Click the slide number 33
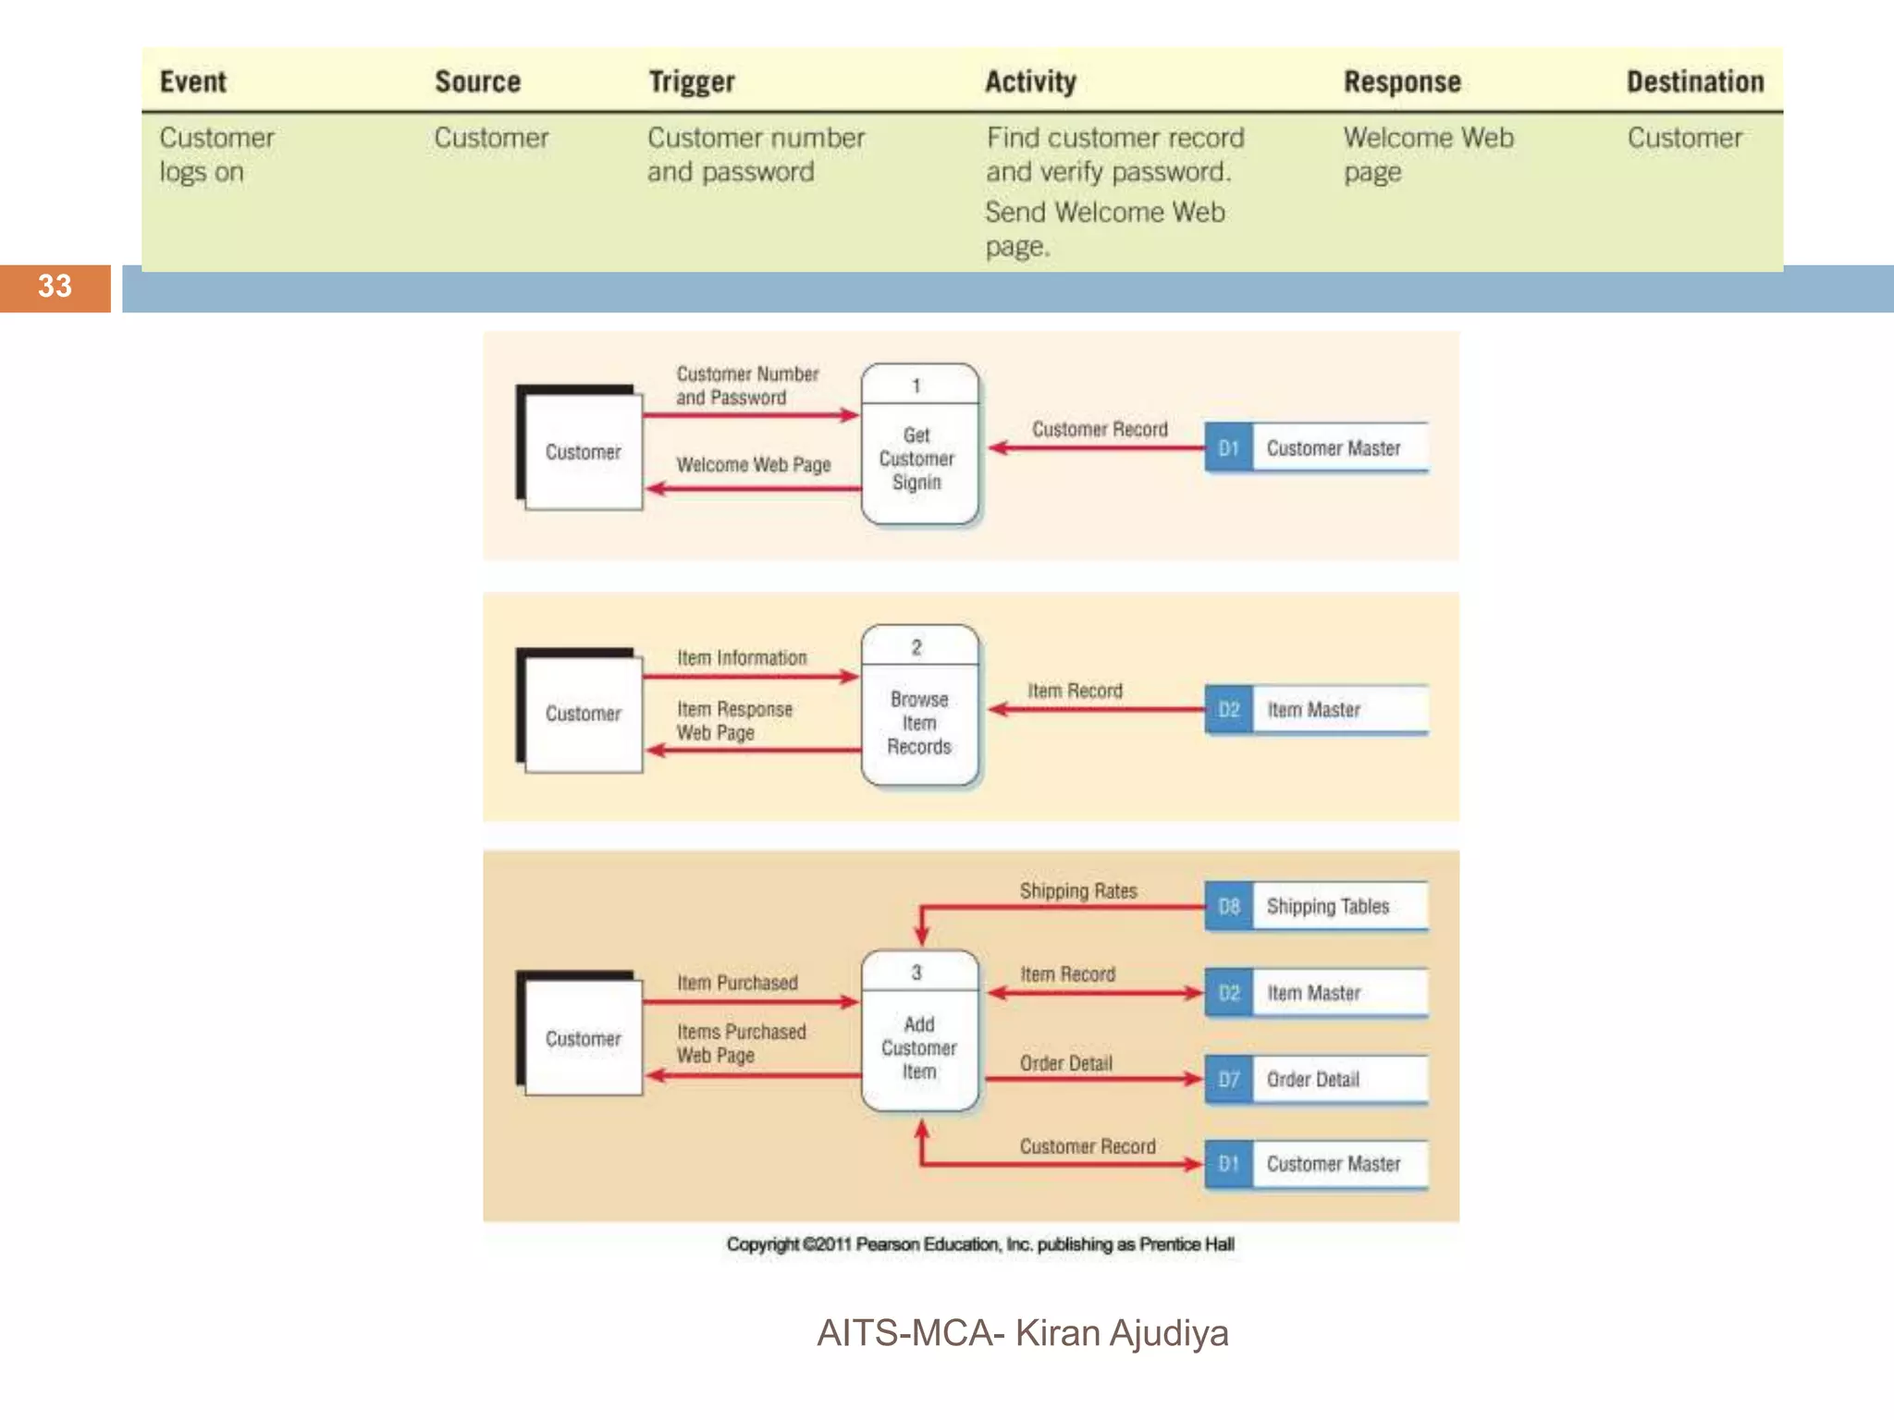(55, 287)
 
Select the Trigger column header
(691, 82)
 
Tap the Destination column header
(1694, 82)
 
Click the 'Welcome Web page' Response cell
(1427, 154)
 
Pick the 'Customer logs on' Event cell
(216, 154)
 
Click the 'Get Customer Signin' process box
(918, 445)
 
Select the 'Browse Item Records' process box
(918, 707)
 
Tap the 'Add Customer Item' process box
(918, 1032)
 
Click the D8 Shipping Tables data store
(1316, 906)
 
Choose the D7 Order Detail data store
(1316, 1079)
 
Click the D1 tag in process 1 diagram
(1228, 448)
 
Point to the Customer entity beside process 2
(582, 713)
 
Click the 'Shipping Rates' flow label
(1077, 891)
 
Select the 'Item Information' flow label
(741, 658)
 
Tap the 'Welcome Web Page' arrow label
(753, 465)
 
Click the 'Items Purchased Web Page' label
(740, 1043)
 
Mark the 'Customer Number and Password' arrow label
(746, 386)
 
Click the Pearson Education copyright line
(979, 1244)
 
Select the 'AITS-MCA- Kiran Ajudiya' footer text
(1022, 1333)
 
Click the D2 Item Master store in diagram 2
(1316, 710)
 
